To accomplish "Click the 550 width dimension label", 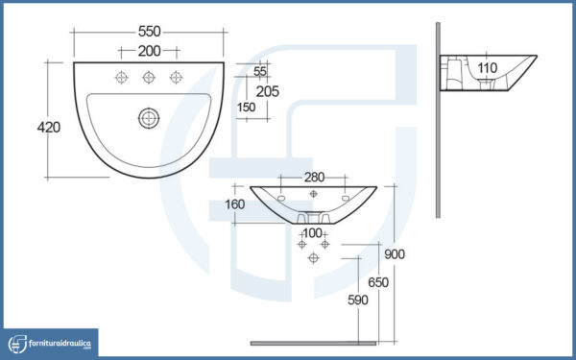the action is pos(150,32).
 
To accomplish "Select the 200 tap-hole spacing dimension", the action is pos(150,51).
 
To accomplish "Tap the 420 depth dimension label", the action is pos(49,128).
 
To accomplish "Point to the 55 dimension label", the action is pos(260,71).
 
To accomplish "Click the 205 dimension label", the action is pos(268,91).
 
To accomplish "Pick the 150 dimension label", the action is pos(246,108).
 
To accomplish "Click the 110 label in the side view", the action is pos(488,67).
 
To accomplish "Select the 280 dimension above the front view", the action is pos(314,178).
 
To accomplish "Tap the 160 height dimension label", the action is pos(235,204).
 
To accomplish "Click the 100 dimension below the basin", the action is pos(312,233).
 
